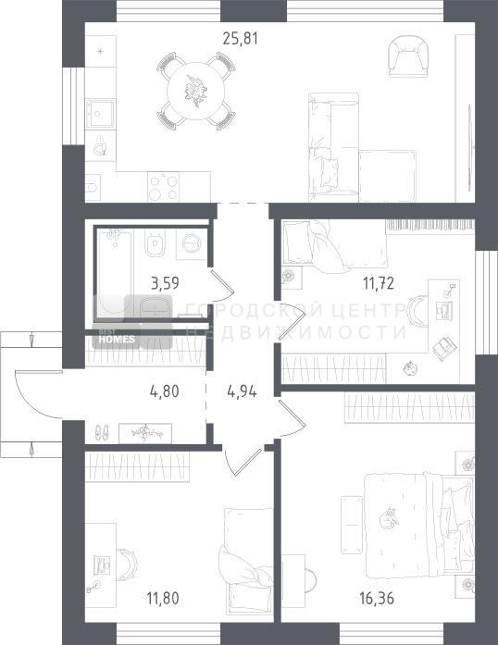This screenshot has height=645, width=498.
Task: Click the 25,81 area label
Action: coord(241,38)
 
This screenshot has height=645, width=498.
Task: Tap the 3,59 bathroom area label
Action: coord(165,283)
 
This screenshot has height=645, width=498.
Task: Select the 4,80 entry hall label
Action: coord(165,391)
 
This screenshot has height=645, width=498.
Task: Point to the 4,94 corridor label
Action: coord(242,391)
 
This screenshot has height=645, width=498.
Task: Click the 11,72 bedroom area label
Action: coord(379,283)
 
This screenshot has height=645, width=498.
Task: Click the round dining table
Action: coord(196,91)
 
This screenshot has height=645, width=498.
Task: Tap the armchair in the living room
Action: coord(409,56)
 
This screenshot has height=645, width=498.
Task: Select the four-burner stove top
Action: coord(164,187)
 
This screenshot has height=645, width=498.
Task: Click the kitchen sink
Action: coord(99,114)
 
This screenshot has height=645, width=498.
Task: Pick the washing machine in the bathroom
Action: coord(191,244)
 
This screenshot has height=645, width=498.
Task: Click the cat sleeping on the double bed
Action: coord(389,519)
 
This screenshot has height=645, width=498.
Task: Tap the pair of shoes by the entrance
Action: coord(102,432)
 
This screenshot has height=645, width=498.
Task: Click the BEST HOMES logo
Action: coord(117,340)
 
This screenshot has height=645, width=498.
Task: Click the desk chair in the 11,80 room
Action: coord(128,564)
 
